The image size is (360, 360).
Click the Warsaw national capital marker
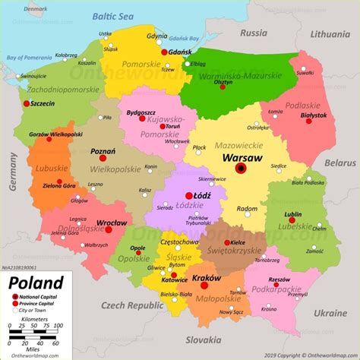tap(241, 169)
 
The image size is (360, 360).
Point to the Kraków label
tap(205, 279)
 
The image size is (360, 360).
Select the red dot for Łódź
tap(188, 195)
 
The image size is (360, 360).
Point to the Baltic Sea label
tap(112, 16)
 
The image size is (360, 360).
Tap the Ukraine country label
tap(330, 312)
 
